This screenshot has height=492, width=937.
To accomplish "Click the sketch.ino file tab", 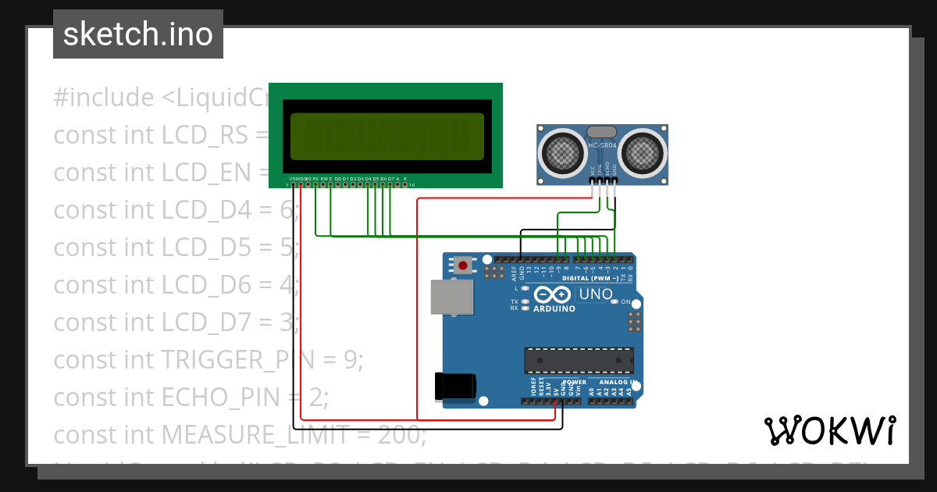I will click(138, 34).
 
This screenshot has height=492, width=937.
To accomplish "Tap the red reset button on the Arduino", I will click(463, 266).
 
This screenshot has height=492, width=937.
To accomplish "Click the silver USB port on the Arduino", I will click(452, 297).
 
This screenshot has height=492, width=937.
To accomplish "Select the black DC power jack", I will click(455, 387).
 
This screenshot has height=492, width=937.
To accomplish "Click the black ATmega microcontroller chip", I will click(578, 360).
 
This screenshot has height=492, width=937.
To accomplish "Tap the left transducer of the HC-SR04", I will click(561, 152).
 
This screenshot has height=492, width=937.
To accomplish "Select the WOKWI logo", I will click(829, 430).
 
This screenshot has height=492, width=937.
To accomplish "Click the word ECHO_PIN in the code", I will click(220, 397).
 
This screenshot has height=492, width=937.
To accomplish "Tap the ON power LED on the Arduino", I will click(615, 301).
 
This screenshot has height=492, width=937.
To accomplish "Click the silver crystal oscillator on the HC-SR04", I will click(600, 133).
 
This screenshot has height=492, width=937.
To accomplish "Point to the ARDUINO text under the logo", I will click(554, 308).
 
